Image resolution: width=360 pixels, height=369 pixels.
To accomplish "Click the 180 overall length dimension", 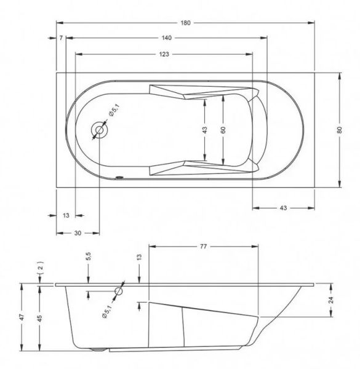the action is [x=185, y=23].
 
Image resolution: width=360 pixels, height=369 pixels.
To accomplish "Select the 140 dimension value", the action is [x=167, y=38].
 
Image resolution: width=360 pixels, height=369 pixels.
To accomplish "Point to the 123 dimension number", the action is [x=164, y=54].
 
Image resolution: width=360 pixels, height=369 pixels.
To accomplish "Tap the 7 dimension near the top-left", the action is [x=61, y=38].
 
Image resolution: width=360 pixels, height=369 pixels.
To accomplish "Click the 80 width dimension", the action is [x=339, y=130].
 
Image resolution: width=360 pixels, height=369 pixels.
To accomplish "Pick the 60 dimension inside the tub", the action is [x=223, y=130].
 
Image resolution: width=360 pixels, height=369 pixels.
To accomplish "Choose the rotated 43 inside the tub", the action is [x=204, y=130].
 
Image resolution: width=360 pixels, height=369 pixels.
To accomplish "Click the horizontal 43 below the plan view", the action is [x=284, y=208].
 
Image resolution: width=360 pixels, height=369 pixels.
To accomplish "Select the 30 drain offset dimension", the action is [x=78, y=233].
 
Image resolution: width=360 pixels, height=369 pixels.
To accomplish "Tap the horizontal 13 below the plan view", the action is [x=66, y=215].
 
